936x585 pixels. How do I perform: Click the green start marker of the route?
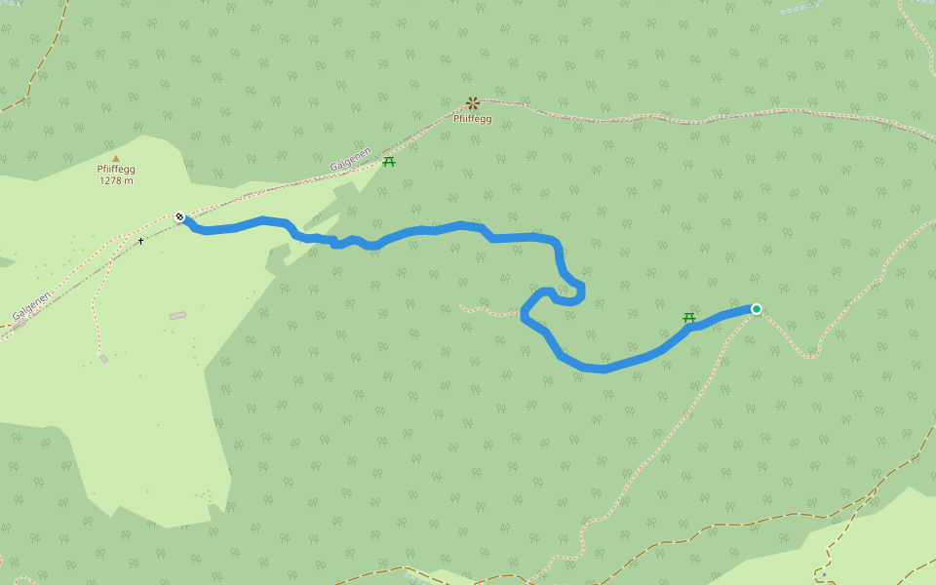coord(756,309)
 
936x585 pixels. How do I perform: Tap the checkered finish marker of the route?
coord(180,216)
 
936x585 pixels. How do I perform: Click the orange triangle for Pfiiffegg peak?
coord(116,158)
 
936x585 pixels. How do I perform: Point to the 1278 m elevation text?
coord(116,180)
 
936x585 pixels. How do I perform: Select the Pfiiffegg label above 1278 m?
coord(116,169)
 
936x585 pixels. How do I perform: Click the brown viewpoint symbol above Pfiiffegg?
coord(473,102)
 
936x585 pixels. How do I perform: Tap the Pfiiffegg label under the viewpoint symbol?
coord(473,119)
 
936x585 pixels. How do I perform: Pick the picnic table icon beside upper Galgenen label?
coord(389,162)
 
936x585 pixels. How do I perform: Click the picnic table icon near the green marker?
coord(689,318)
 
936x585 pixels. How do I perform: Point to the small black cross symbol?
coord(140,241)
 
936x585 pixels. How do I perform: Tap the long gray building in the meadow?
coord(177,316)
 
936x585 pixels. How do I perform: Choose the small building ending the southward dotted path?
coord(103,359)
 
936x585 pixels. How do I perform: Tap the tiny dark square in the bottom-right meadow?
coord(823,573)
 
